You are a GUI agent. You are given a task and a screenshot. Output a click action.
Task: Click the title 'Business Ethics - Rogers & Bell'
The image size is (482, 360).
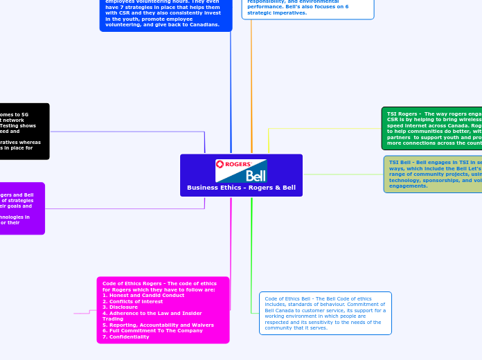[x=241, y=188]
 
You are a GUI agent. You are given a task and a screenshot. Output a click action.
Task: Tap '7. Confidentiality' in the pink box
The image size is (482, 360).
[x=125, y=336]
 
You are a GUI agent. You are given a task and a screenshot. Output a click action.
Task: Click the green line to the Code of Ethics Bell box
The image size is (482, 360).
[x=252, y=263]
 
